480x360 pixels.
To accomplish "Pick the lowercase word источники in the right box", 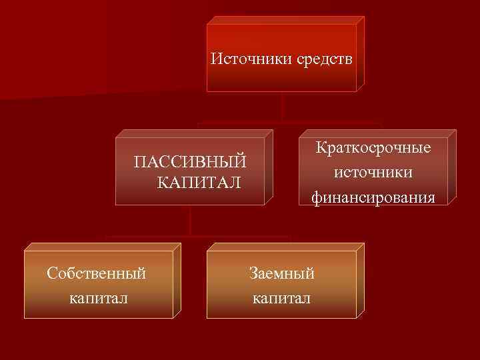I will tap(373, 172).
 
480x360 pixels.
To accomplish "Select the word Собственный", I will tap(97, 273).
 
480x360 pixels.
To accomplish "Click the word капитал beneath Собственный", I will tap(98, 297).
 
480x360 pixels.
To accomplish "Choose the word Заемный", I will tap(281, 273).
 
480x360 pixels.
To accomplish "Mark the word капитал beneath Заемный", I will tap(281, 297).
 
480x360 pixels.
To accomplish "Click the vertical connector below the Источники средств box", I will tap(283, 107).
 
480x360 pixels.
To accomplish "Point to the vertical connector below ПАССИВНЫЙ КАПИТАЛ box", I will tap(191, 219).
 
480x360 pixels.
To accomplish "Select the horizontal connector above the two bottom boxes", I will tap(197, 236).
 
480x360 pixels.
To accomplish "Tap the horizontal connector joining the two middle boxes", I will tap(287, 123).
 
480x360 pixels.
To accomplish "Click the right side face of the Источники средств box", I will tap(361, 53).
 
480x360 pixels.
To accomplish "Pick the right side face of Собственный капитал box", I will tap(177, 281).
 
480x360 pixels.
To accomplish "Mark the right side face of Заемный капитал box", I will tap(361, 281).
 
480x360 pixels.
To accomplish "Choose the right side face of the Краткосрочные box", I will tap(452, 167).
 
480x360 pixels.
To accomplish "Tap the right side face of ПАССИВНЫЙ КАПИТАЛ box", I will tap(269, 167).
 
